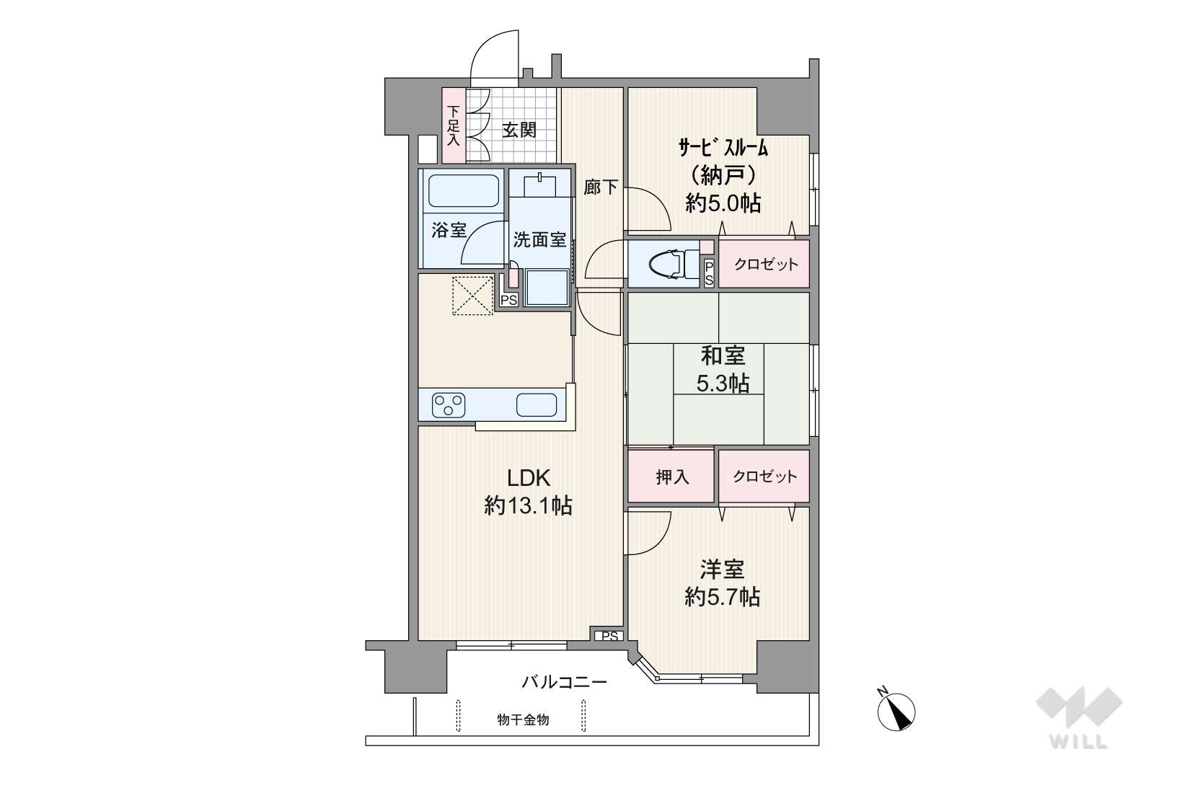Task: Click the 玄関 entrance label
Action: click(x=519, y=130)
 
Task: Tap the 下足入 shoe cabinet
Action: click(x=454, y=125)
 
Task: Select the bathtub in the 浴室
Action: click(x=464, y=191)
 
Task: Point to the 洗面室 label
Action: click(x=540, y=240)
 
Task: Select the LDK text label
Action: click(x=529, y=479)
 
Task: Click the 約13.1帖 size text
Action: click(x=528, y=506)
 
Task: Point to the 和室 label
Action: click(x=723, y=356)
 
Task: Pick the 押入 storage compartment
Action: click(x=671, y=477)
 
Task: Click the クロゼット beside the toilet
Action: click(x=764, y=264)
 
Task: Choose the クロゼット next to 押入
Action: click(x=764, y=477)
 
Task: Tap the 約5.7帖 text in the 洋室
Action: click(x=723, y=597)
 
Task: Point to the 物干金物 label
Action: click(x=523, y=720)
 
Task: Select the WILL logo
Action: click(x=1079, y=717)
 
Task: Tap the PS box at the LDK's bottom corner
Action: click(x=609, y=636)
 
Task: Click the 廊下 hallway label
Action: click(x=601, y=187)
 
